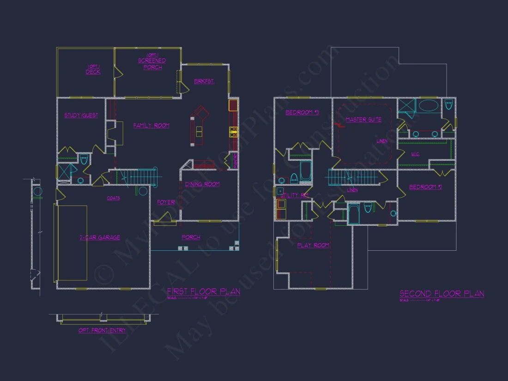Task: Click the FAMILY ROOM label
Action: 151,126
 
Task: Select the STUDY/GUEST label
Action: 81,115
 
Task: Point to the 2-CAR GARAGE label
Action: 99,237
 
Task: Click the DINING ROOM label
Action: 202,184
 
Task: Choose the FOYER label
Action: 165,202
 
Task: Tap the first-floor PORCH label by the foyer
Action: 191,237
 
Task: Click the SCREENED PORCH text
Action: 152,64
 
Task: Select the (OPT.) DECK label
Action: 93,70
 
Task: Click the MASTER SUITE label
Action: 363,120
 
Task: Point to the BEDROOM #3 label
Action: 302,113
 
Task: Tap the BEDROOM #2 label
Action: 426,187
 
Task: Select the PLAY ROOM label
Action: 313,245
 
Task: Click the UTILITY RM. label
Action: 294,195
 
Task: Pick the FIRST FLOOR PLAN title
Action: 203,292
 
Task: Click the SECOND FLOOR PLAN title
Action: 441,294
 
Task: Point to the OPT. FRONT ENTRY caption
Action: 102,331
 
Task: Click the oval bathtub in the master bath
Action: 429,105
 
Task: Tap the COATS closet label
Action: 113,199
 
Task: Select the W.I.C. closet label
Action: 415,154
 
